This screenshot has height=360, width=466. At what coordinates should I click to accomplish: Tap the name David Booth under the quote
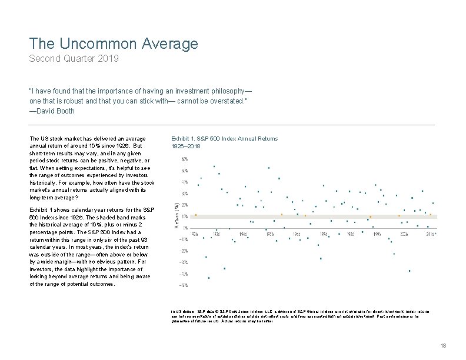(55, 111)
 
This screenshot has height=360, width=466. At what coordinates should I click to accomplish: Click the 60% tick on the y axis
(184, 159)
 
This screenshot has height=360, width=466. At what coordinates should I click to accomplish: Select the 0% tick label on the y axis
(185, 228)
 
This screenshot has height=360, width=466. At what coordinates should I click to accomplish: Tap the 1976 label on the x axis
(324, 234)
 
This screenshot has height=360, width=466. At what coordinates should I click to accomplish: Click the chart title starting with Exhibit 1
(224, 139)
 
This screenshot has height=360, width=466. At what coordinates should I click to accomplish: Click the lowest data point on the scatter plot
(209, 278)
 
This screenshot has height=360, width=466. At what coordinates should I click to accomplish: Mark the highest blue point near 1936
(214, 166)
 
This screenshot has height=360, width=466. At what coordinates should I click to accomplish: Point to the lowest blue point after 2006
(410, 271)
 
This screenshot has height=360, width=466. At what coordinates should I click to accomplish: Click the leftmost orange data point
(196, 215)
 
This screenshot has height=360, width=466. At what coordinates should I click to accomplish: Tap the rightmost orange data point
(431, 215)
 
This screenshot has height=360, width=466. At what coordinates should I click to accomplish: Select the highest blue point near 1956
(268, 168)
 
